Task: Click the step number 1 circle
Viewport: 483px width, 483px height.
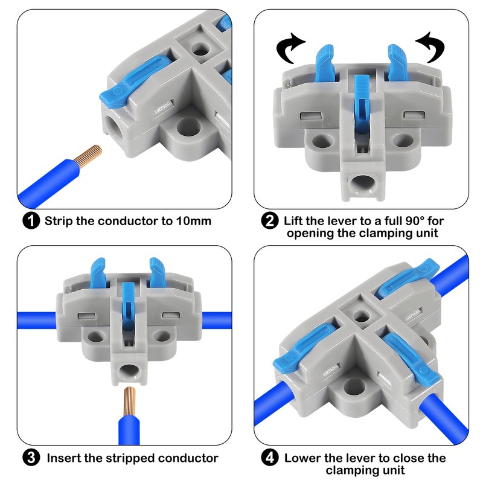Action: pyautogui.click(x=31, y=220)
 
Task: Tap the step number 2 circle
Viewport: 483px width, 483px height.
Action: pyautogui.click(x=269, y=220)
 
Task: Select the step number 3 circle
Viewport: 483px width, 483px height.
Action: pyautogui.click(x=31, y=458)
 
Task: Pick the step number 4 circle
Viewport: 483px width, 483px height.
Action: pyautogui.click(x=269, y=458)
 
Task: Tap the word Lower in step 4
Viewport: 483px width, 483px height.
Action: pyautogui.click(x=304, y=458)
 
